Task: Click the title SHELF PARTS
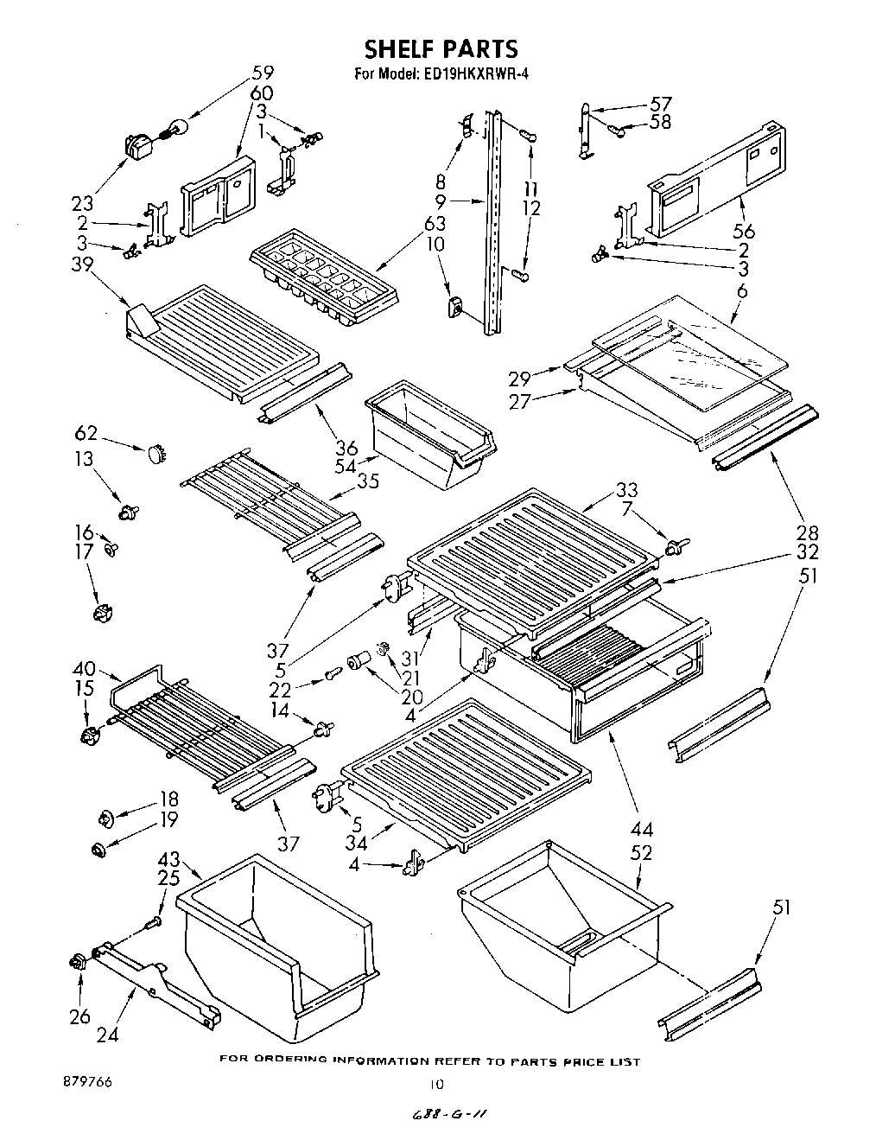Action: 441,48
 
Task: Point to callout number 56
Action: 744,231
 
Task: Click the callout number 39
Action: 83,264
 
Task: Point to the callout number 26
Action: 79,1017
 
